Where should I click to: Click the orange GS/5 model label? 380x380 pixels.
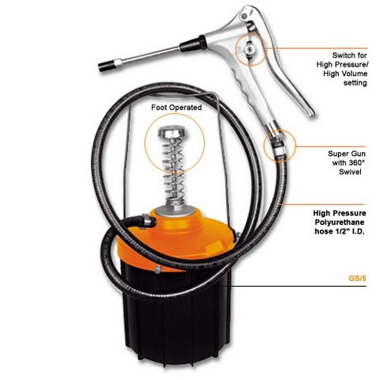tap(358, 279)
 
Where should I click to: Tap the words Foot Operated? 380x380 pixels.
tap(177, 108)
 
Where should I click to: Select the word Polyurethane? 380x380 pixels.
tap(340, 222)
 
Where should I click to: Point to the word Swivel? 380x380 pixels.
tap(350, 172)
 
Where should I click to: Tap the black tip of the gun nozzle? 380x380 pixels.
tap(106, 66)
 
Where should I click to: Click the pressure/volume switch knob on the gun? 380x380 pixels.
tap(249, 48)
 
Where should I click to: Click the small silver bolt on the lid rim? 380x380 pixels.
tap(158, 269)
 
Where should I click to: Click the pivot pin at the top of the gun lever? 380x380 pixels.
tap(245, 16)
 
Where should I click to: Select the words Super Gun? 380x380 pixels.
tap(347, 154)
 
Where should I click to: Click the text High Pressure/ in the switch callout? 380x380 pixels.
tap(343, 64)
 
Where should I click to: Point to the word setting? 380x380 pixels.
tap(355, 83)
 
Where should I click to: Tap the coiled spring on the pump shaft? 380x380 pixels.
tap(173, 172)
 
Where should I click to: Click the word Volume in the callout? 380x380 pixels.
tap(355, 74)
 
